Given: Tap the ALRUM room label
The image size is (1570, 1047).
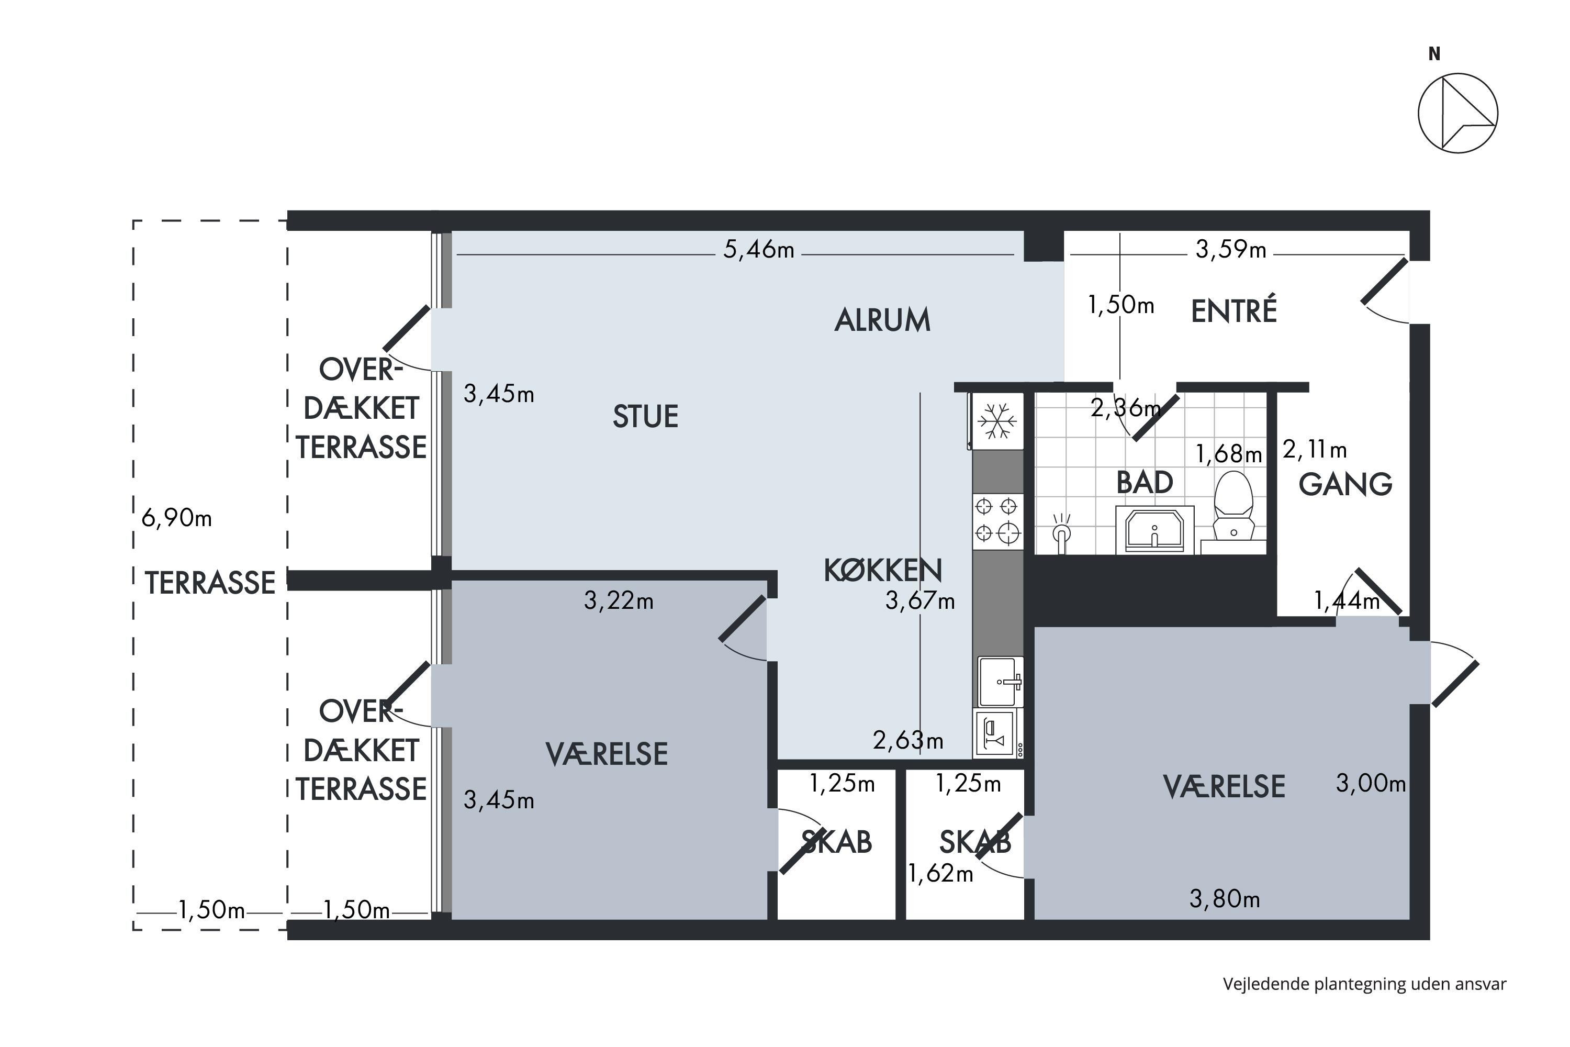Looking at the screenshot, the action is coord(882,320).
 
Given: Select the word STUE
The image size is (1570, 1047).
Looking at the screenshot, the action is coord(645,417).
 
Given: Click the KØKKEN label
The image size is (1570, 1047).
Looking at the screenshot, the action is coord(882,570).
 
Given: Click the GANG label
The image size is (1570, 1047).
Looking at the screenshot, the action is coord(1345,484).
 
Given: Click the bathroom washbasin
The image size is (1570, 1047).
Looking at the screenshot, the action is coord(1154,529).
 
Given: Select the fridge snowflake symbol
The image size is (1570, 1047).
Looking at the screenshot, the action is coord(997,421).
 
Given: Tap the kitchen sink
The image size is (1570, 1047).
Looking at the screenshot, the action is coord(1000,682).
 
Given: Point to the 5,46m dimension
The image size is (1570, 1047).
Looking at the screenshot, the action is coord(759,250).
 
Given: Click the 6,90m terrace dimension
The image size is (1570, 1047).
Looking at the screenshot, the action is coord(176,518).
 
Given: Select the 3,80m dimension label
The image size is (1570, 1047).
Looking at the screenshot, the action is coord(1224,899).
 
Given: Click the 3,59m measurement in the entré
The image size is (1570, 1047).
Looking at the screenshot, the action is coord(1230,250).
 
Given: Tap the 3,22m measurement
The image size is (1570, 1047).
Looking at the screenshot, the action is coord(618,601).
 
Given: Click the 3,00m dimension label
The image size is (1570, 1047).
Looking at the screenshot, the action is coord(1371,783).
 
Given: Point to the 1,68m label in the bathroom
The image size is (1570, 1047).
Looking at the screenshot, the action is coord(1228,454).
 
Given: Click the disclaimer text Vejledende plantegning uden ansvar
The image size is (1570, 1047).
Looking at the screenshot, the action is coord(1364,984).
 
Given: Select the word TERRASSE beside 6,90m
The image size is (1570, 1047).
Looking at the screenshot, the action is coord(210,583).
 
